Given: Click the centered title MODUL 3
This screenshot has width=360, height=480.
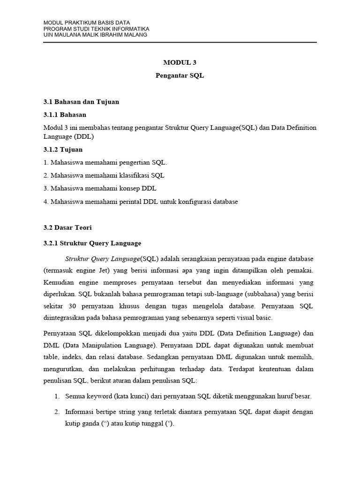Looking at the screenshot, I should pyautogui.click(x=180, y=62).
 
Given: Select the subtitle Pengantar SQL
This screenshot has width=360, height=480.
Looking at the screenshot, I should pyautogui.click(x=180, y=75).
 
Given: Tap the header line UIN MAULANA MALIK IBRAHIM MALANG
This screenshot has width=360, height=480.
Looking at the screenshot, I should pyautogui.click(x=95, y=35).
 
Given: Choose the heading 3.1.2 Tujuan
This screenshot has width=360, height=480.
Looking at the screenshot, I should pyautogui.click(x=63, y=150).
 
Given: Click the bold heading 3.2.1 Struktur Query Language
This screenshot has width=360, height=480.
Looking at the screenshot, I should pyautogui.click(x=92, y=243).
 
